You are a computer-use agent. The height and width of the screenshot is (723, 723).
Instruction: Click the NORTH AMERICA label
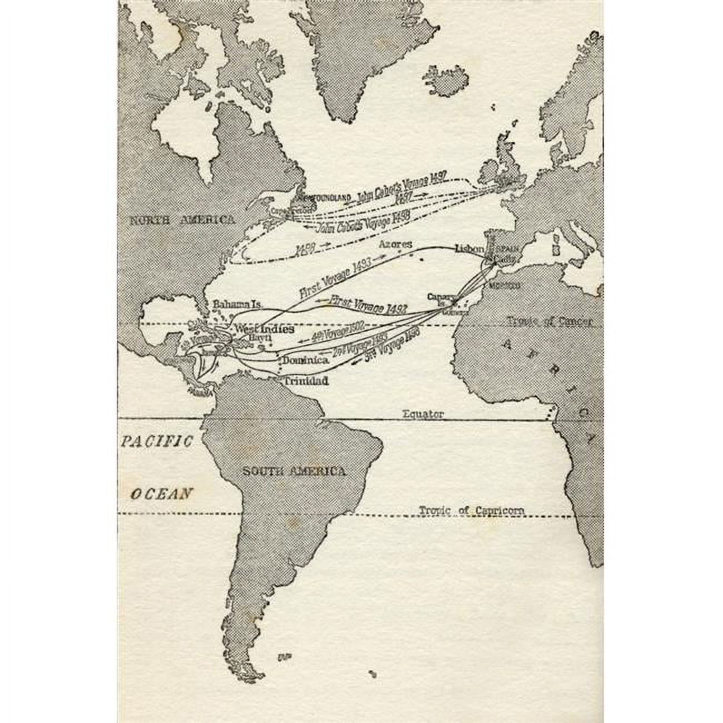click(x=182, y=220)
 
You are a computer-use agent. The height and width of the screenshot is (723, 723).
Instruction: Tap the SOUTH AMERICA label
click(x=294, y=472)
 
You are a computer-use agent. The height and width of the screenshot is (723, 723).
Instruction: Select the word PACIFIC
click(x=157, y=442)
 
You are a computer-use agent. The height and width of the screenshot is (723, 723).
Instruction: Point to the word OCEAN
click(x=162, y=493)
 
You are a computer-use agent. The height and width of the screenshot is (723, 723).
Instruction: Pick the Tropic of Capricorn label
click(x=471, y=510)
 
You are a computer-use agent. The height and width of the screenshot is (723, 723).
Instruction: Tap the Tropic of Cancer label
click(x=549, y=321)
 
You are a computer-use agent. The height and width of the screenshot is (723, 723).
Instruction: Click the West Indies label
click(x=264, y=329)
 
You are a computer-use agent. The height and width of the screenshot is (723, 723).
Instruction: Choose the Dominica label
click(x=305, y=360)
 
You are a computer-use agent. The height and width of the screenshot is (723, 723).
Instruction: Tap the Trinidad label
click(x=305, y=382)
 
